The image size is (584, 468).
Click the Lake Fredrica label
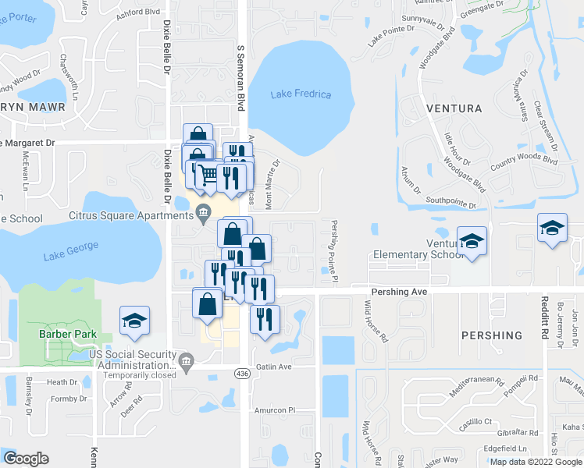tap(301, 94)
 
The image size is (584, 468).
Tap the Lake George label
tap(71, 250)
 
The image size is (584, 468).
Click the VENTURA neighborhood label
tap(454, 108)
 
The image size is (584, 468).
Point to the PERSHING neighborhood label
tap(491, 335)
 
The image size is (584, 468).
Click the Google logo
tap(26, 459)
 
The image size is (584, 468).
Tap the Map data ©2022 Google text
tap(535, 462)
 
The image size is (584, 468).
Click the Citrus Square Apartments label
tap(130, 212)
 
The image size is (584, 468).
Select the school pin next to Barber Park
tap(134, 322)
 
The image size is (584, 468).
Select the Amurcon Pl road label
tap(273, 409)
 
